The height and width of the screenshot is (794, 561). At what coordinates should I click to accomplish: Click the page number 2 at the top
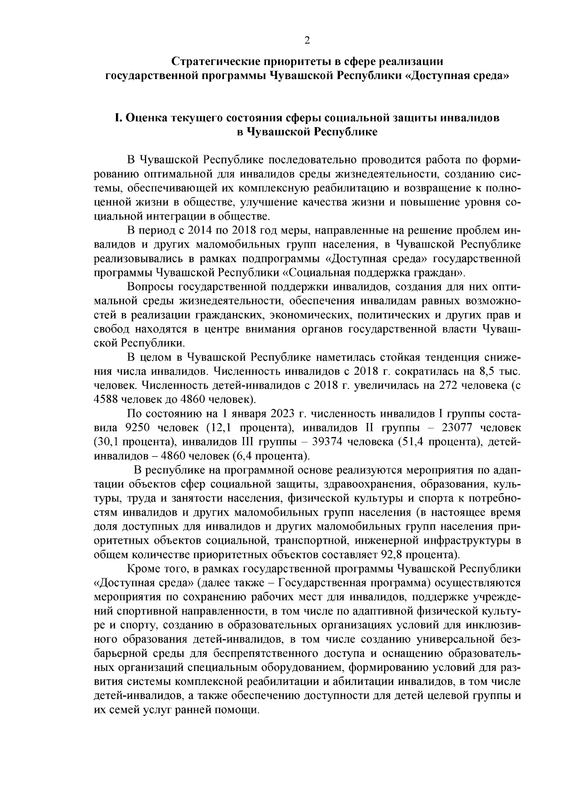click(307, 41)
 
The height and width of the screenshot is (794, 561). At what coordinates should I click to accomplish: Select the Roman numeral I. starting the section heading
click(119, 118)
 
